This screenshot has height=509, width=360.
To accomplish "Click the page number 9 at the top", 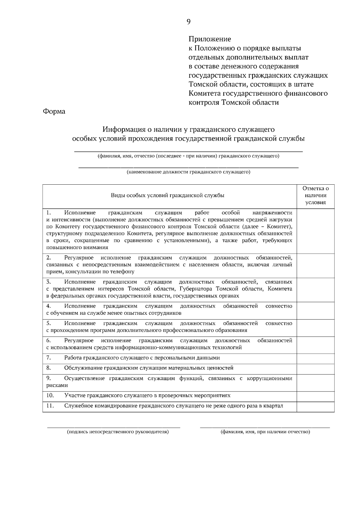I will coord(188,22).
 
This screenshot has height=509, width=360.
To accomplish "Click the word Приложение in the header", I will coord(210,39).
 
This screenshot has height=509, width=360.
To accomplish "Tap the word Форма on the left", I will coord(54,112).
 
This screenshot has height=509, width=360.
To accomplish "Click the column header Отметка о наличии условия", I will coord(315,195).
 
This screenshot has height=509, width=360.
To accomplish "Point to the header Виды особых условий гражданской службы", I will coord(168,195).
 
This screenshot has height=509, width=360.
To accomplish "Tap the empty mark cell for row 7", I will coord(315,359).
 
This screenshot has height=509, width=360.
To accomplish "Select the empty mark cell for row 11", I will coord(315,407).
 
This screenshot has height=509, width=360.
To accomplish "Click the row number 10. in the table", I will coord(50,395).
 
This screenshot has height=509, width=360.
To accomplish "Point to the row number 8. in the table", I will coord(49,368).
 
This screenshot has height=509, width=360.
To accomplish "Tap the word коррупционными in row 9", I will coord(269,379).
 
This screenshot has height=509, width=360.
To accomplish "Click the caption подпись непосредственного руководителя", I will coord(118,432).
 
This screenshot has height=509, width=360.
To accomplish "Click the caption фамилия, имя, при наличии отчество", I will coord(265,432).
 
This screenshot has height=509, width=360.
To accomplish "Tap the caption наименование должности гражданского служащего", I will coord(188,172).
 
